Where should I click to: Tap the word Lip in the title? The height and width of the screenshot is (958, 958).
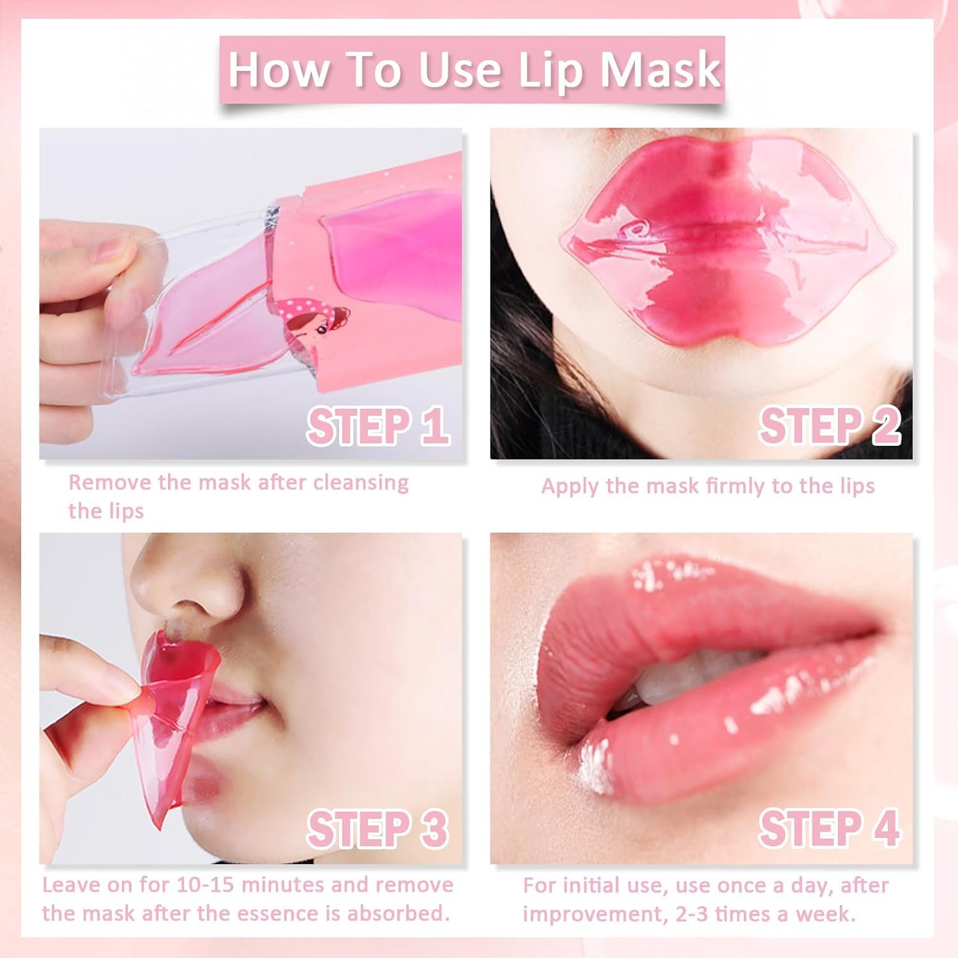tap(550, 70)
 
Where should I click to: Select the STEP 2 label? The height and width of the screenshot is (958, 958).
tap(830, 426)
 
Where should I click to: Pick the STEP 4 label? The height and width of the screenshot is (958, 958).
tap(830, 828)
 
